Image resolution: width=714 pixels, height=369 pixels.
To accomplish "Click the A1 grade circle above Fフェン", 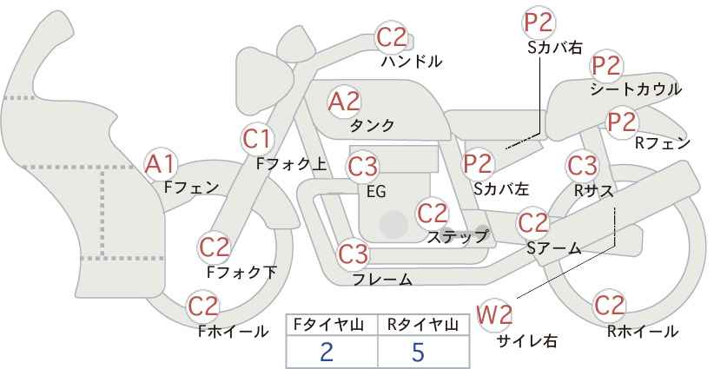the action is point(160,164).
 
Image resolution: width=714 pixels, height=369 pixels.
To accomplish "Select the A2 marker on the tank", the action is point(344,102).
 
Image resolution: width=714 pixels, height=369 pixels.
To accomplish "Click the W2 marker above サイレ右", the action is point(494,314).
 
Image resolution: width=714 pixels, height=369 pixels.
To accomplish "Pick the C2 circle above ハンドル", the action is point(392,37).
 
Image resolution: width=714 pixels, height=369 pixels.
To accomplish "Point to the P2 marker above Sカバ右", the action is point(539,23).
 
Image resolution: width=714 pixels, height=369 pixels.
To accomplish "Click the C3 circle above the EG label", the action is point(362,167).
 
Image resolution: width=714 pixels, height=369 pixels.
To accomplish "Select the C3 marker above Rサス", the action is point(582,166).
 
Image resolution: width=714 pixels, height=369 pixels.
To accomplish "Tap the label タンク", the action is point(372,125).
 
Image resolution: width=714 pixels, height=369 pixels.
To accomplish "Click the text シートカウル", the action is point(636,89).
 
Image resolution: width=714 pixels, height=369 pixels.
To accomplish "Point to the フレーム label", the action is point(382,279).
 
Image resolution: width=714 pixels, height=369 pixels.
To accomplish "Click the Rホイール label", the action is point(643,332).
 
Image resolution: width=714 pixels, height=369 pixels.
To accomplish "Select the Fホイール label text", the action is point(233,332).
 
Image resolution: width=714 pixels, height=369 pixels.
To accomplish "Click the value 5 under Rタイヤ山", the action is point(418,352).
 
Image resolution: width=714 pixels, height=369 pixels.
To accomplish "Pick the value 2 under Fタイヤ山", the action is point(327,352).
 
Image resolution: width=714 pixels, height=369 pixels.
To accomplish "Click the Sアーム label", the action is point(553,248).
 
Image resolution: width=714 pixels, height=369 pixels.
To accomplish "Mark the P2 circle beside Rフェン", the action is point(622,122).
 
